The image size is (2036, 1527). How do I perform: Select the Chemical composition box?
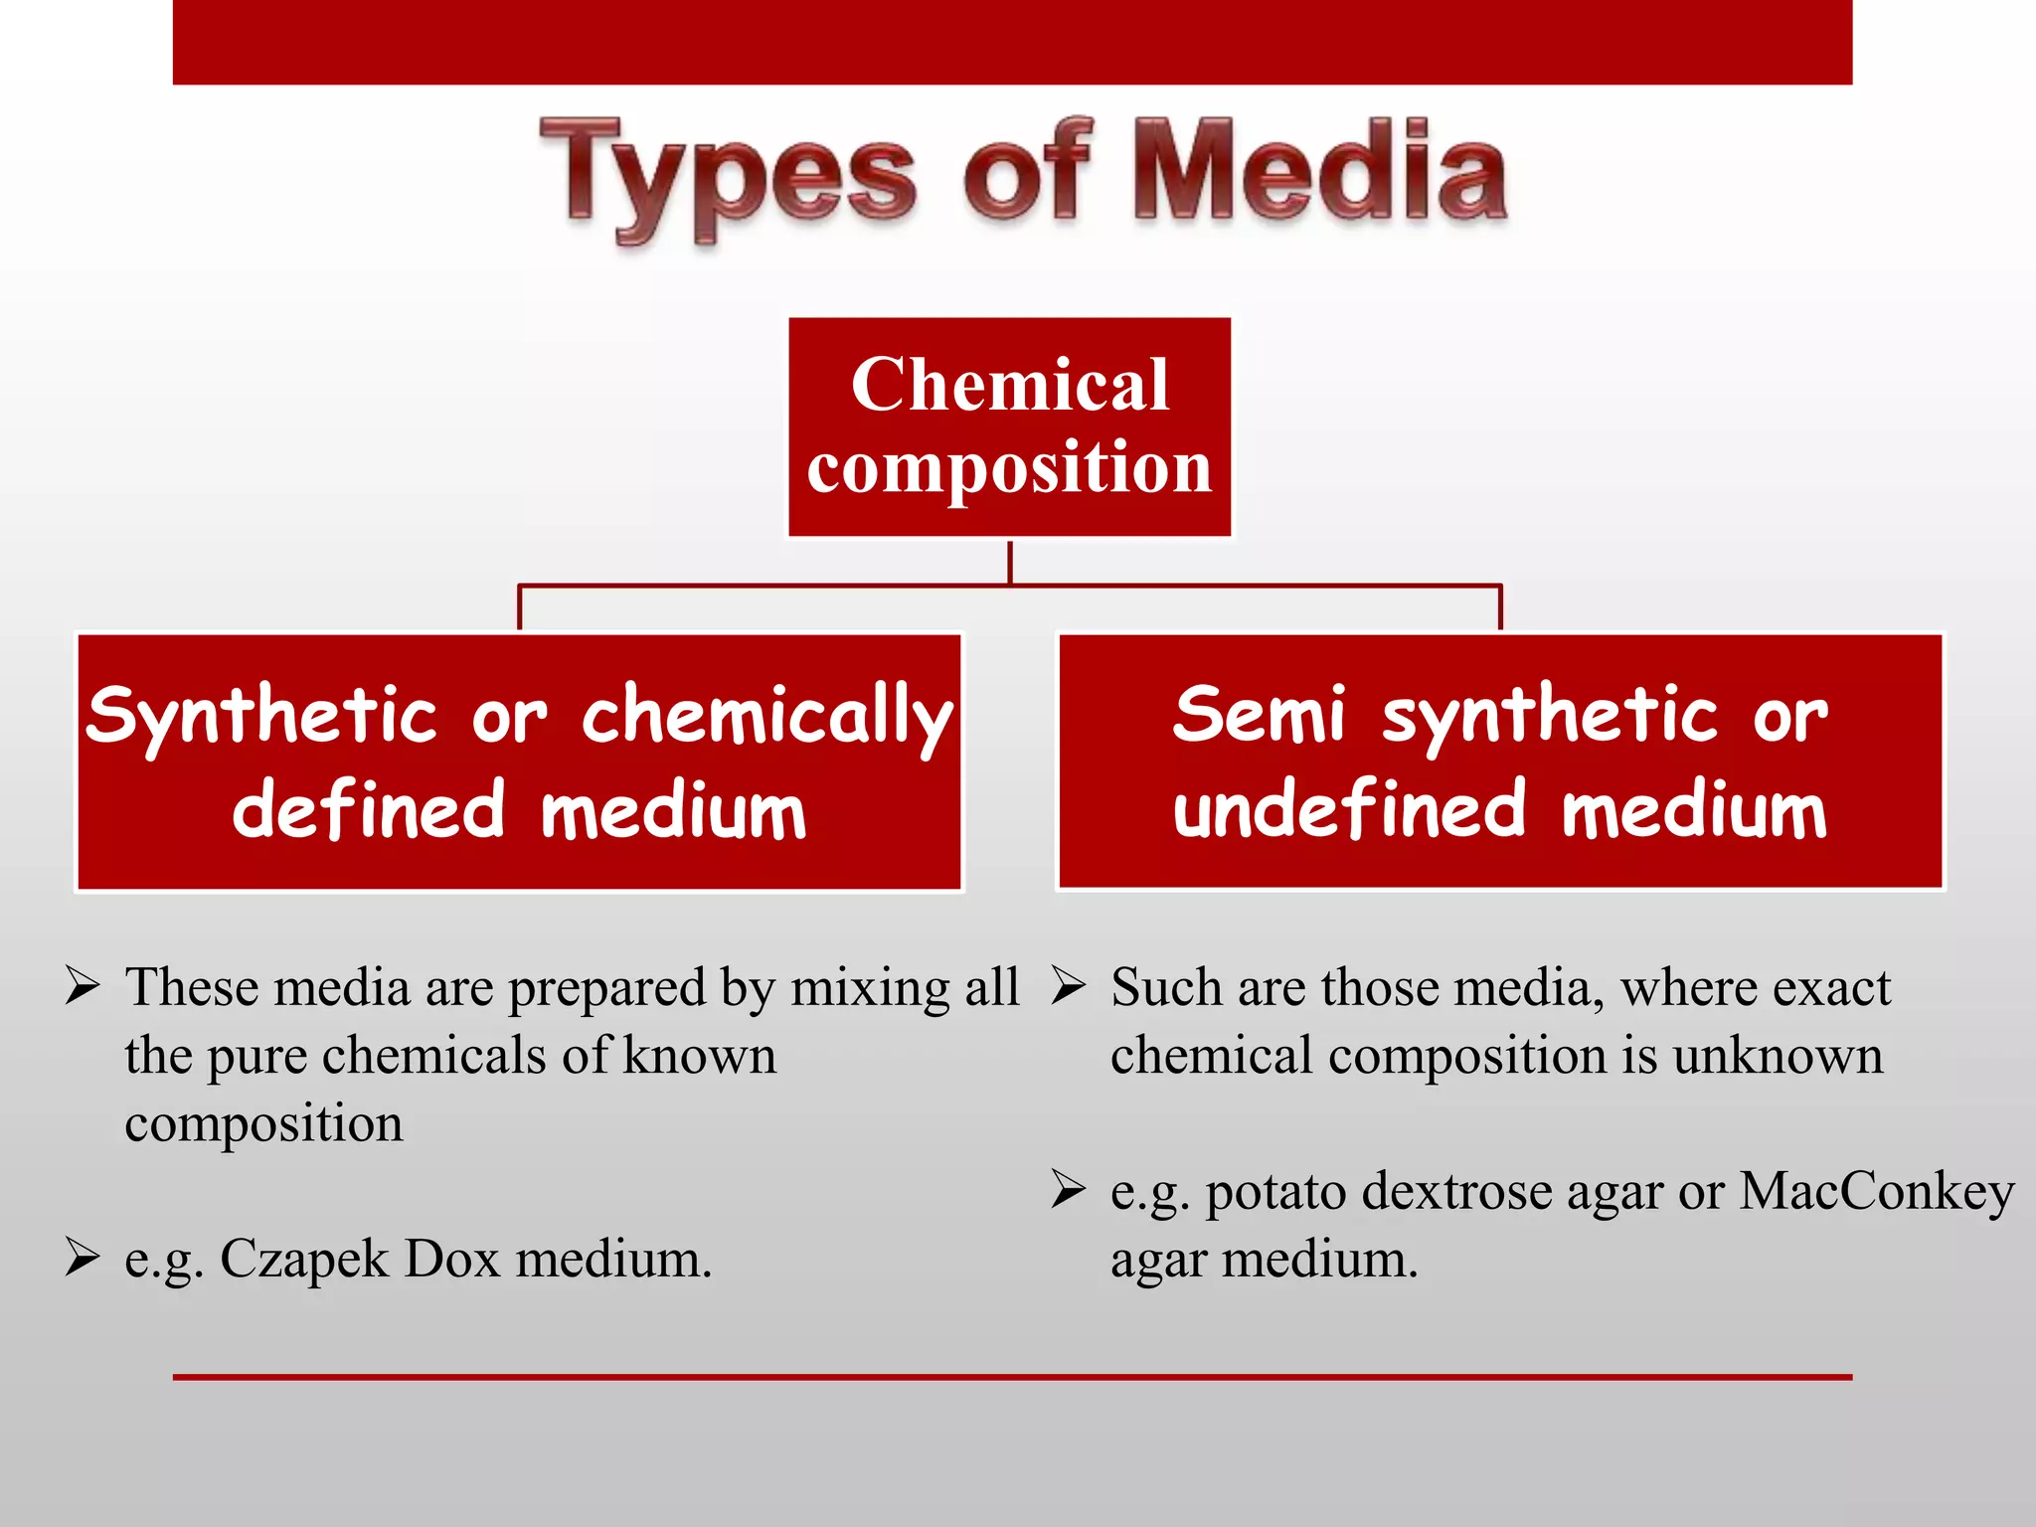click(x=1009, y=426)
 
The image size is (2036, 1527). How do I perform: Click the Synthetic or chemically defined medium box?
click(x=519, y=762)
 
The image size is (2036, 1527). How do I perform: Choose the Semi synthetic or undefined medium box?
click(x=1499, y=762)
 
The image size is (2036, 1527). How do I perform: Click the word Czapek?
click(x=304, y=1261)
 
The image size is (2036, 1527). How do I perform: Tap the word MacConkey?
click(x=1876, y=1191)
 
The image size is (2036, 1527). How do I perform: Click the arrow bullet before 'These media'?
click(x=83, y=986)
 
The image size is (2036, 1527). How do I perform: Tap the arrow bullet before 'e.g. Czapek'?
click(x=83, y=1258)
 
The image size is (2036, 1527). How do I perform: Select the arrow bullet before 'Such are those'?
click(x=1069, y=986)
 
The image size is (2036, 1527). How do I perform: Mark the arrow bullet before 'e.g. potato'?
click(x=1069, y=1190)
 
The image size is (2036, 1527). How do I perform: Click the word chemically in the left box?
click(x=766, y=717)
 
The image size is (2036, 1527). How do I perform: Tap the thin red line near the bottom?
click(x=1012, y=1377)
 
